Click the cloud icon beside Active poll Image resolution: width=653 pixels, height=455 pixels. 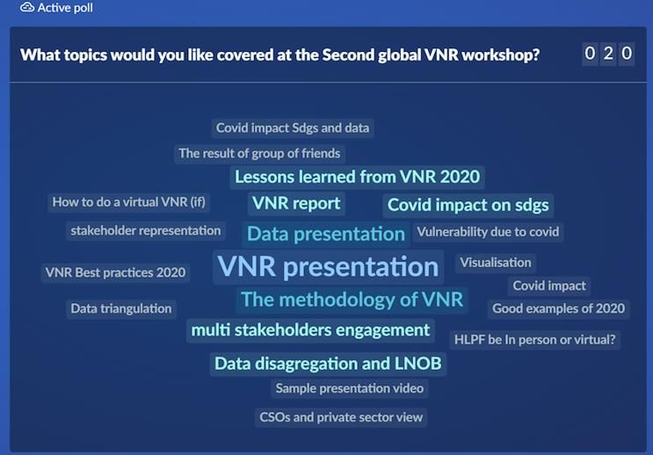pyautogui.click(x=27, y=7)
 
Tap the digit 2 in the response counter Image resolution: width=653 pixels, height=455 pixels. pyautogui.click(x=608, y=54)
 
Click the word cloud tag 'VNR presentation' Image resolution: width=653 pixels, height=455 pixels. pyautogui.click(x=328, y=267)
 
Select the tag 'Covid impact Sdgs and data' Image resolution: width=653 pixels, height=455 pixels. pyautogui.click(x=293, y=127)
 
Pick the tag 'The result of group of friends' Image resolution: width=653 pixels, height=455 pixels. pyautogui.click(x=259, y=154)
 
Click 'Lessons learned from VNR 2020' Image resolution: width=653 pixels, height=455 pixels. pyautogui.click(x=358, y=177)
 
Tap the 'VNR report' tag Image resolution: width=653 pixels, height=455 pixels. pyautogui.click(x=296, y=204)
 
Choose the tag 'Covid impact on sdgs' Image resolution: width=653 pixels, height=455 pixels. pyautogui.click(x=468, y=206)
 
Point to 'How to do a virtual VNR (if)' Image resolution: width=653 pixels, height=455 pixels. pyautogui.click(x=128, y=202)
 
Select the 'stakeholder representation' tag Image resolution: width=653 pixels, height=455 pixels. pyautogui.click(x=146, y=231)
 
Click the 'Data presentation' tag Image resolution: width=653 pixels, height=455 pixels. pyautogui.click(x=326, y=234)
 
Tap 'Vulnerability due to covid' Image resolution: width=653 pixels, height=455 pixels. pyautogui.click(x=488, y=232)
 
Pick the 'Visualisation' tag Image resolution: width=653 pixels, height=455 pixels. pyautogui.click(x=496, y=264)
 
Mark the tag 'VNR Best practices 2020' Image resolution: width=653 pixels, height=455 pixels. pyautogui.click(x=115, y=272)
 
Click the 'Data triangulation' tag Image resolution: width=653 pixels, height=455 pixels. pyautogui.click(x=121, y=309)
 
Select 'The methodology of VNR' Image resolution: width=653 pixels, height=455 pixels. pyautogui.click(x=352, y=300)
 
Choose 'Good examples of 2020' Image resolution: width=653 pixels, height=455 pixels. pyautogui.click(x=558, y=309)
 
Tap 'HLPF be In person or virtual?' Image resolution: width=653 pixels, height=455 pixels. pyautogui.click(x=534, y=340)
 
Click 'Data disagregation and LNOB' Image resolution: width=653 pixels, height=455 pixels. pyautogui.click(x=328, y=364)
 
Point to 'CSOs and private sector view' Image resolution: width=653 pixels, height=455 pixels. pyautogui.click(x=341, y=417)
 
